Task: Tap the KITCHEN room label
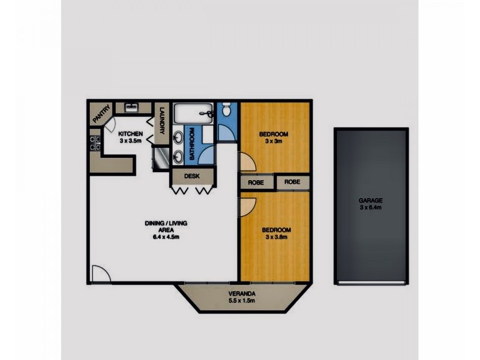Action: pos(130,133)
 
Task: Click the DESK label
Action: pos(191,176)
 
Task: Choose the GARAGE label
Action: pos(371,200)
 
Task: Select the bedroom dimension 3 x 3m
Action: pos(274,142)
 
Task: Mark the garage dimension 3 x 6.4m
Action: pos(371,208)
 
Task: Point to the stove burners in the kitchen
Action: pos(94,143)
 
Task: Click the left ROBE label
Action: pos(256,182)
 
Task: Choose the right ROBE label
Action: pos(293,182)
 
